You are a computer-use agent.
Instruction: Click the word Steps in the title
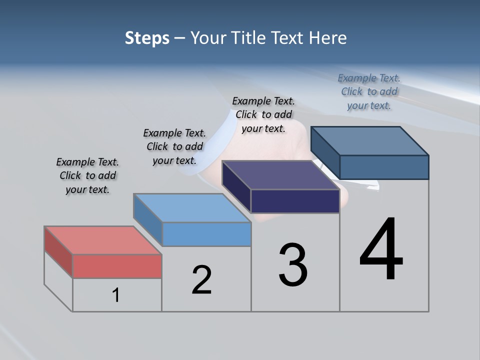(x=147, y=38)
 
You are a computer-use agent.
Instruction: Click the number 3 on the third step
(x=293, y=265)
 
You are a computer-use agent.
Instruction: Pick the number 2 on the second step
(x=202, y=279)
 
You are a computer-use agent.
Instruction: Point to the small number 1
(x=116, y=295)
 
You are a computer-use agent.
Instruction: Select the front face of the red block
(x=117, y=266)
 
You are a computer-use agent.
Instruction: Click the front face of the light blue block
(x=206, y=234)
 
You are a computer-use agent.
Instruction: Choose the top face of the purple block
(x=280, y=175)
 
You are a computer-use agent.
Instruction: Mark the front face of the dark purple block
(x=295, y=201)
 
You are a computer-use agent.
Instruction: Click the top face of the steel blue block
(x=369, y=140)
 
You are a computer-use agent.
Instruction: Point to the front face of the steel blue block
(x=384, y=167)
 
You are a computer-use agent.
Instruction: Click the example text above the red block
(x=87, y=175)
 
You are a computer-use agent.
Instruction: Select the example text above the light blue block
(x=174, y=146)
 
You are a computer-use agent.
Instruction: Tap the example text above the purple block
(x=263, y=114)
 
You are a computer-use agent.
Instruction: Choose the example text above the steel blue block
(x=369, y=91)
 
